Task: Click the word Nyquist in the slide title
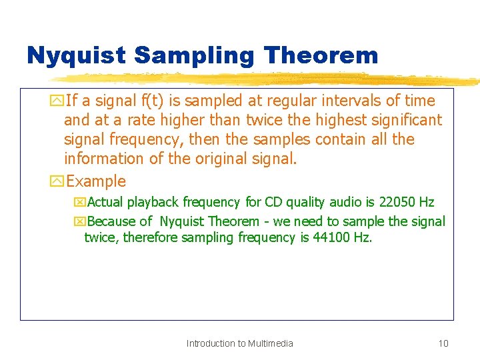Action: point(75,55)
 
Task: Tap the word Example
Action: point(96,181)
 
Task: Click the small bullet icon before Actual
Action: point(80,203)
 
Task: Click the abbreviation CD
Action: point(273,202)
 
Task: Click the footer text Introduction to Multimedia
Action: point(239,343)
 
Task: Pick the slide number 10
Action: point(443,343)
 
